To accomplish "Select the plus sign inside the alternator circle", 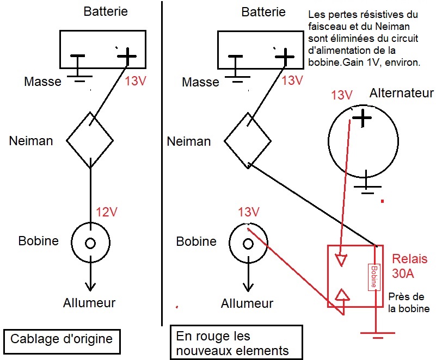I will [363, 119].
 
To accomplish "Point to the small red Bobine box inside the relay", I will [373, 277].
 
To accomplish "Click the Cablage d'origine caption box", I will [61, 339].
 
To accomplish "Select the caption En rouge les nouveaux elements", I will [236, 343].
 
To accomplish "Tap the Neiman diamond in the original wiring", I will [90, 140].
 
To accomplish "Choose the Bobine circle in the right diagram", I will [248, 243].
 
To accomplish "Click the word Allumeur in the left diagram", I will [90, 302].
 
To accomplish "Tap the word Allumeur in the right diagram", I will [247, 303].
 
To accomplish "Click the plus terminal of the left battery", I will [126, 55].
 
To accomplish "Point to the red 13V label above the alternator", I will [341, 95].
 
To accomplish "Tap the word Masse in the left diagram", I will [43, 82].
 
